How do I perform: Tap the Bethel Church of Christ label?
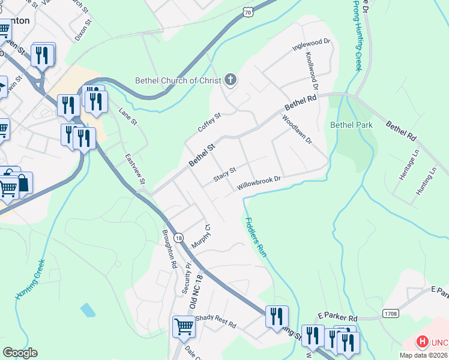(x=178, y=80)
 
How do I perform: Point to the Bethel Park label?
(x=352, y=125)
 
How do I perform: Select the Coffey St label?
(x=209, y=122)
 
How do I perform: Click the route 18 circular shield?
(x=179, y=238)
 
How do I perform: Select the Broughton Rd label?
(x=169, y=248)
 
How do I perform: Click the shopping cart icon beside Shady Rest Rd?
(x=184, y=327)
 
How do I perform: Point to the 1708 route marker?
(x=390, y=313)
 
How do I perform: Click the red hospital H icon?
(x=423, y=343)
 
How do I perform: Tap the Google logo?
(x=20, y=353)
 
